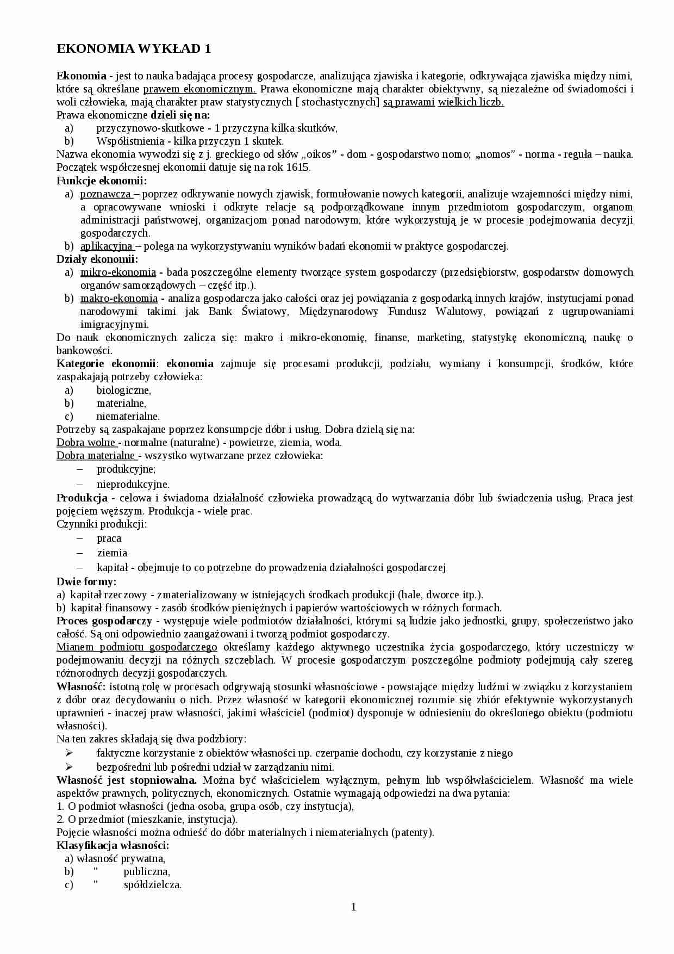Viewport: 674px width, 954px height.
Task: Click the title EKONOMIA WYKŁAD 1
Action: coord(134,49)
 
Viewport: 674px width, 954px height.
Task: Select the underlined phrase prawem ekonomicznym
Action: coord(199,89)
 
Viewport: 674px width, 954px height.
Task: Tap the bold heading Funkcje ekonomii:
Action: coord(102,181)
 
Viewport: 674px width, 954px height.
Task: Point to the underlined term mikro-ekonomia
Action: coord(118,272)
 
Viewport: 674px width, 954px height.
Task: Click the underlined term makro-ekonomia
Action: coord(119,299)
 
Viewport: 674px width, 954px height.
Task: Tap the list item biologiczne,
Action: coord(123,391)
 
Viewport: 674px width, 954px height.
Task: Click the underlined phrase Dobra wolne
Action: coord(86,443)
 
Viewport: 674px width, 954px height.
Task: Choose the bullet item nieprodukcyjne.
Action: coord(133,484)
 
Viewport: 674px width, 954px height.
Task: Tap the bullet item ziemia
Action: coord(112,553)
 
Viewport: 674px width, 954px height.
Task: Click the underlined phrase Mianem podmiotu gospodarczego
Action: coord(137,647)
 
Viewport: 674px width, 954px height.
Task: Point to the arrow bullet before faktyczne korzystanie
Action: coord(68,753)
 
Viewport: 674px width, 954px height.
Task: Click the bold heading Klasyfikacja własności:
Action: coord(113,846)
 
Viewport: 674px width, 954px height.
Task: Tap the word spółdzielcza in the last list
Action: coord(152,885)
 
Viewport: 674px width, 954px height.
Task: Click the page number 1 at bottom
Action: coord(354,907)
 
